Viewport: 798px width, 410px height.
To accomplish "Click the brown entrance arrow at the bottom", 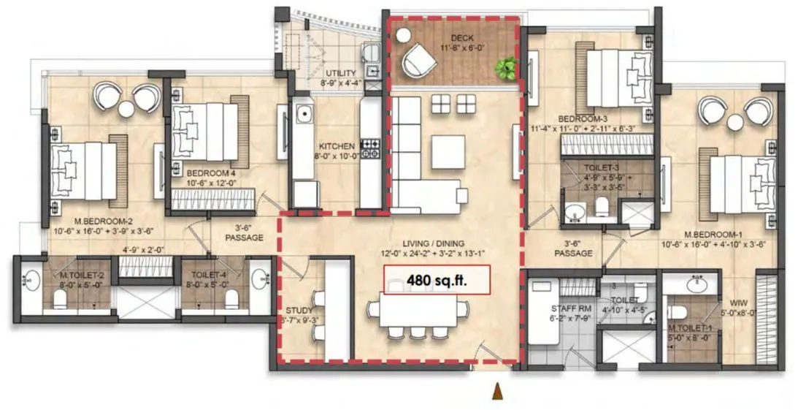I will pos(499,392).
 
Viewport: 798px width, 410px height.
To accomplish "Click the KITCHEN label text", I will pos(337,146).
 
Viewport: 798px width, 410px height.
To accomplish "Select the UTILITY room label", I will pos(341,74).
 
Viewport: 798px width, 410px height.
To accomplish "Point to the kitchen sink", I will pos(302,115).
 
